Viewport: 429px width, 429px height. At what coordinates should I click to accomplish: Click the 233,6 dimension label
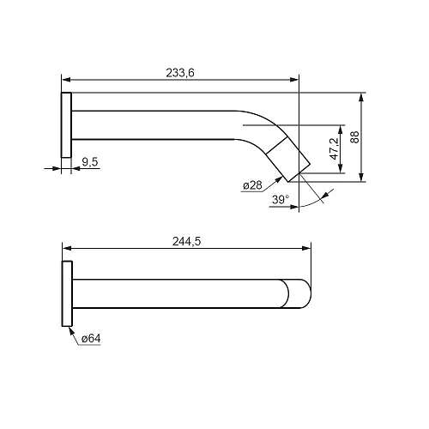click(x=180, y=73)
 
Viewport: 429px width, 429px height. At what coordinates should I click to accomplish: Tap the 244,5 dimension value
click(x=186, y=241)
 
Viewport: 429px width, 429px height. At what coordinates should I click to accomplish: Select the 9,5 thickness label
click(x=90, y=162)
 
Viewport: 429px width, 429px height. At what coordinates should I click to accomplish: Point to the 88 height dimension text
click(x=354, y=137)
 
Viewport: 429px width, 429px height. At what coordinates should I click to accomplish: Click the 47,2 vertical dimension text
click(x=334, y=148)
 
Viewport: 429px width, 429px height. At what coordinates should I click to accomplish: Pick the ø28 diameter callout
click(x=252, y=185)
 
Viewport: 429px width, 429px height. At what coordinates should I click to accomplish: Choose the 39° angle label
click(x=281, y=199)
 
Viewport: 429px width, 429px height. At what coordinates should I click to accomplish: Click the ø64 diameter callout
click(x=91, y=339)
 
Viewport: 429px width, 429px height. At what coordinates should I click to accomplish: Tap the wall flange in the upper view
click(x=66, y=125)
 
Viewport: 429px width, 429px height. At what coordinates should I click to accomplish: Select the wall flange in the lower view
click(x=67, y=293)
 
